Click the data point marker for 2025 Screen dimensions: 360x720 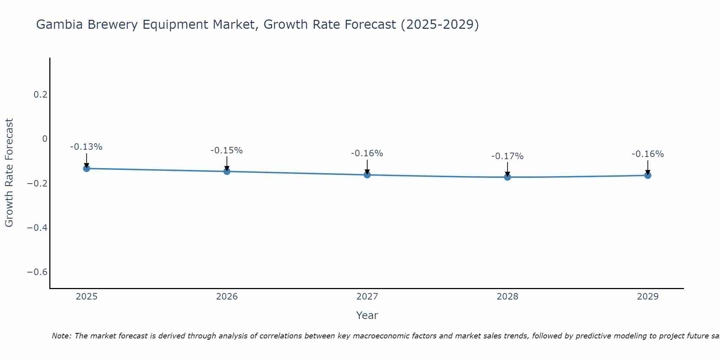[x=86, y=168]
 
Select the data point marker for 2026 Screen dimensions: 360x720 [x=227, y=171]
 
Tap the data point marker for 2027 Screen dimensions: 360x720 [x=367, y=175]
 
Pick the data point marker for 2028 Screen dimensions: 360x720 [x=508, y=177]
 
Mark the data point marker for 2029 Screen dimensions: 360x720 [x=648, y=175]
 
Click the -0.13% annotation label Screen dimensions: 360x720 [x=86, y=147]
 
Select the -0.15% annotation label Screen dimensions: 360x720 [x=227, y=150]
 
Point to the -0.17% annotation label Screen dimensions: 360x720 [x=508, y=156]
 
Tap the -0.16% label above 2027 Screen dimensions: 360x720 [x=367, y=153]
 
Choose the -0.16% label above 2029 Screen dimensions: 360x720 [x=648, y=154]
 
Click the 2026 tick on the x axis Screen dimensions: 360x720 [x=227, y=297]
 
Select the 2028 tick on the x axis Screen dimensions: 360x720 [x=508, y=297]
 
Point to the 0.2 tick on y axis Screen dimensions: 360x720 [x=40, y=95]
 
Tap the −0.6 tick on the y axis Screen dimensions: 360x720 [x=37, y=272]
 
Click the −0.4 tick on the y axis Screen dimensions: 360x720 [x=37, y=228]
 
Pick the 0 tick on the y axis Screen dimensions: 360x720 [x=45, y=139]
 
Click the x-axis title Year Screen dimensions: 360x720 [x=367, y=315]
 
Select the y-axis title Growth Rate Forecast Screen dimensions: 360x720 [x=9, y=173]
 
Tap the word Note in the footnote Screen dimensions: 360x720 [x=61, y=336]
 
